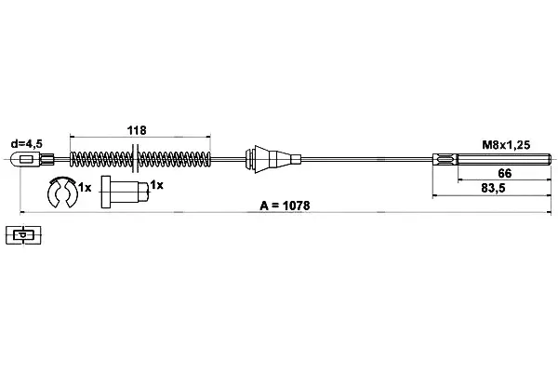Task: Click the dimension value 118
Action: pyautogui.click(x=137, y=130)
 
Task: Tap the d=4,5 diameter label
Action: pyautogui.click(x=27, y=144)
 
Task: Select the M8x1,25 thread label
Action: pyautogui.click(x=506, y=144)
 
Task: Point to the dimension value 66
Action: pyautogui.click(x=505, y=173)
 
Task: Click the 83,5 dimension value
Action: pyautogui.click(x=493, y=188)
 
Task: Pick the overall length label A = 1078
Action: pyautogui.click(x=285, y=206)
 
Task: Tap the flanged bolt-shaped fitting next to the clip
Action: pyautogui.click(x=125, y=192)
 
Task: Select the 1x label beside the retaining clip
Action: pyautogui.click(x=85, y=187)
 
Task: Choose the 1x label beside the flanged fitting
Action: pyautogui.click(x=156, y=185)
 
